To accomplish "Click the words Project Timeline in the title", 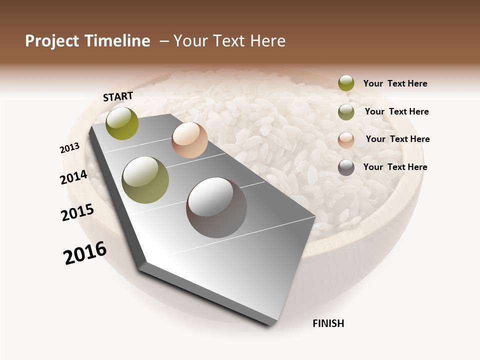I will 87,41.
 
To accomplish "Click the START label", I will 118,96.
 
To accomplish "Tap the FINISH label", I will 328,323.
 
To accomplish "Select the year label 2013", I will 69,148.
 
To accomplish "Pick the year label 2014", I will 73,177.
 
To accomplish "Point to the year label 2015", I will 77,212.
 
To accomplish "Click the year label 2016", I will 85,252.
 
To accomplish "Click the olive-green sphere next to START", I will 122,123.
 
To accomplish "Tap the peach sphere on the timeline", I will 189,140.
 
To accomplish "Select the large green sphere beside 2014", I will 145,180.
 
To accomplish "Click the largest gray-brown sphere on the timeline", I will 216,207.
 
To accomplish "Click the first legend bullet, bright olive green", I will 346,83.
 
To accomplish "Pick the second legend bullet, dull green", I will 346,112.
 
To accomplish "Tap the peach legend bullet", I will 346,140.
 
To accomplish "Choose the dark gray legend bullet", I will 346,167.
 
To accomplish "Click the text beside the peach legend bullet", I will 397,139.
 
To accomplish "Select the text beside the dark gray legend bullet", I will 395,167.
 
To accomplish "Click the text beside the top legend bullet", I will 395,83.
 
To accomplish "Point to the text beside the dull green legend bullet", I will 396,111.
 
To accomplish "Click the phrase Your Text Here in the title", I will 229,41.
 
